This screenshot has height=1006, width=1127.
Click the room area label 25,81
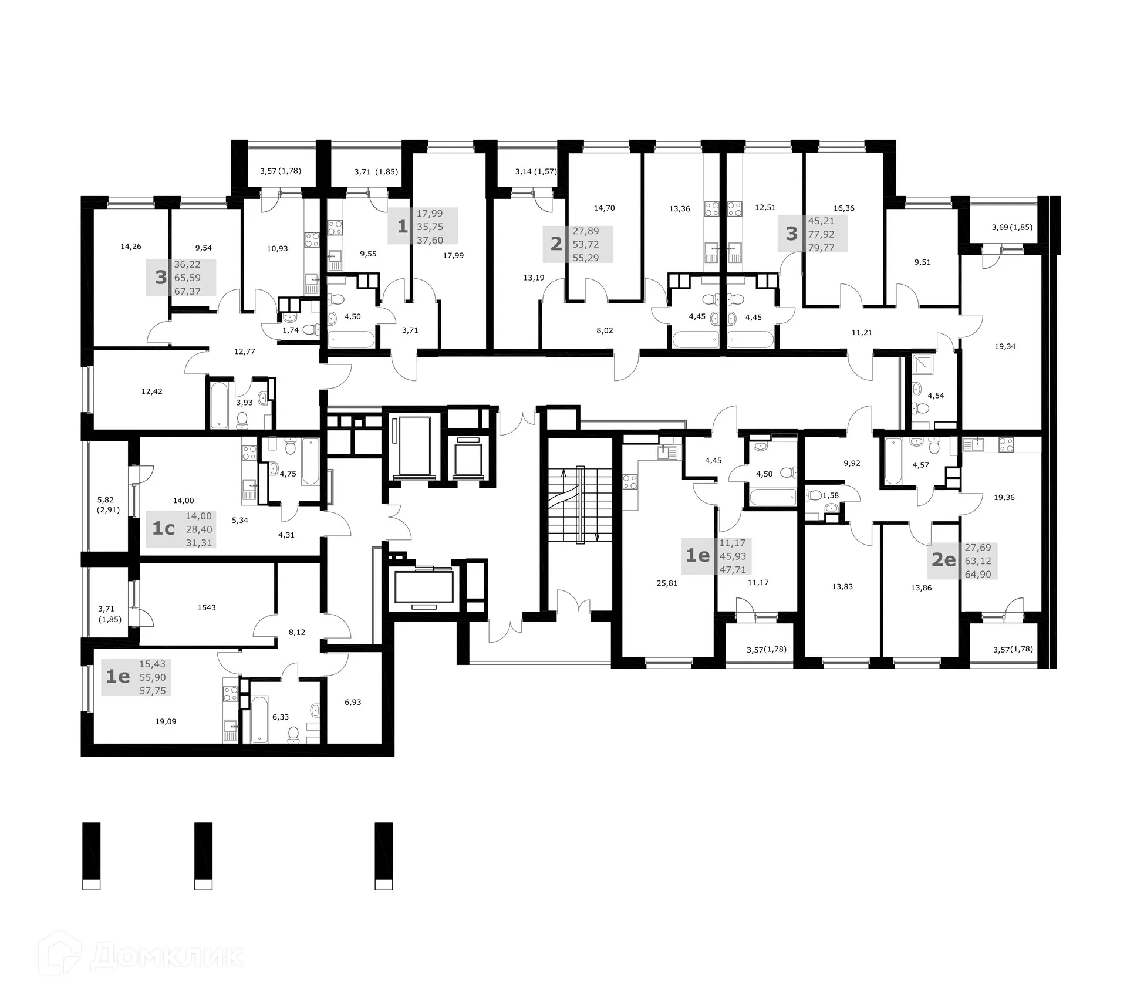[667, 583]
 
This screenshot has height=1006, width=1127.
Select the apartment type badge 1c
[164, 529]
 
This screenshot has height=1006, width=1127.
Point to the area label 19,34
[1005, 346]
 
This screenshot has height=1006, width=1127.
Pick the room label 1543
[207, 607]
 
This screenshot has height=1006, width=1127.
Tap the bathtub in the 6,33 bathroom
[260, 719]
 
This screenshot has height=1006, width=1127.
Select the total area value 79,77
[821, 248]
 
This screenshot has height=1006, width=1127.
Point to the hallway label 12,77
[244, 352]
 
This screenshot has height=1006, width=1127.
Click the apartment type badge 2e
[944, 560]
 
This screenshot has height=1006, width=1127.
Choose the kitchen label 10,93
[277, 248]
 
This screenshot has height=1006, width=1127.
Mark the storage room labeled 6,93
[353, 702]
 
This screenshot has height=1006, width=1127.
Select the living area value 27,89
[585, 231]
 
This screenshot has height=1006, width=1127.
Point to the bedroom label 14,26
[131, 247]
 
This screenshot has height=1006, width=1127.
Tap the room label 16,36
[843, 208]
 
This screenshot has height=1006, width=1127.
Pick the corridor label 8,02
[605, 330]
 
